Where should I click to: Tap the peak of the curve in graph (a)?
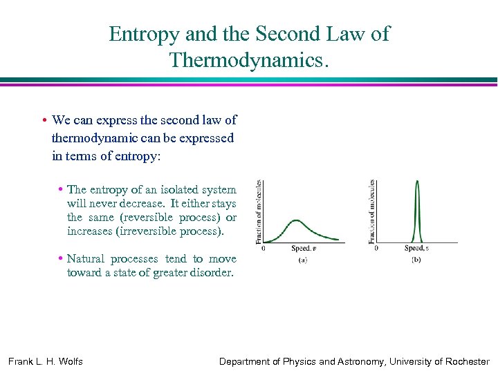click(295, 221)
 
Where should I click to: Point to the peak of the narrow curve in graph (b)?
click(417, 182)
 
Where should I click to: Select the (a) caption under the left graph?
click(303, 260)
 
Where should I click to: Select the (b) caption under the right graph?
click(416, 260)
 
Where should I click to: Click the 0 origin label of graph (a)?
click(263, 248)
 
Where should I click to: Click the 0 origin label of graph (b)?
click(376, 248)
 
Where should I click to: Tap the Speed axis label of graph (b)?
click(416, 248)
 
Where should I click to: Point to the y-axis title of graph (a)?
click(259, 211)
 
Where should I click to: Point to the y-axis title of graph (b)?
click(371, 211)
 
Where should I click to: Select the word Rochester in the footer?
click(464, 361)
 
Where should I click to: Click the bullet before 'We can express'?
click(44, 120)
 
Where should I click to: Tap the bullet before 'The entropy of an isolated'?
click(61, 189)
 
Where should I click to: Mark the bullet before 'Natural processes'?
click(61, 259)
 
